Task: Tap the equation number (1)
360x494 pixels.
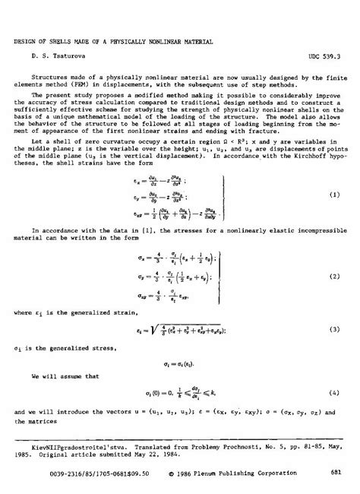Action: tap(334, 217)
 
